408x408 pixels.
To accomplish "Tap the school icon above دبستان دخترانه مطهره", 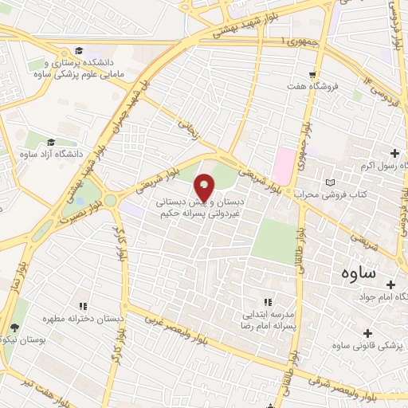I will pos(83,305).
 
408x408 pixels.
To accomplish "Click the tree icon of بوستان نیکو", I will pos(14,328).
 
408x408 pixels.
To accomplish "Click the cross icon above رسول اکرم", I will pos(394,152).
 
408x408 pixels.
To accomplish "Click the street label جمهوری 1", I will pos(294,40).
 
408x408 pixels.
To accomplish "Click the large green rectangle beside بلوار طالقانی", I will pos(273,242).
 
